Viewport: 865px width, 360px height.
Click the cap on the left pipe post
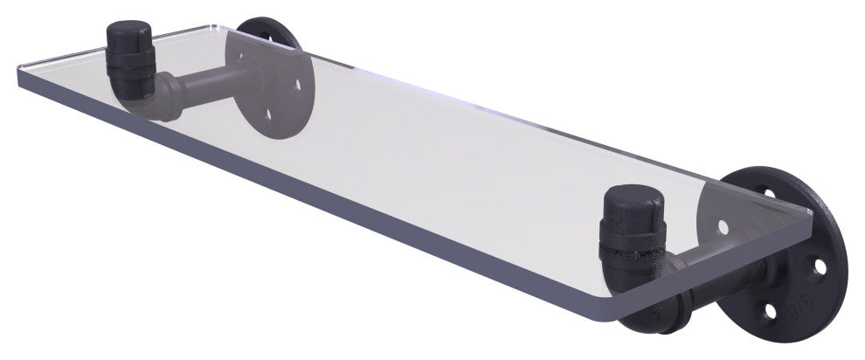129,40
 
